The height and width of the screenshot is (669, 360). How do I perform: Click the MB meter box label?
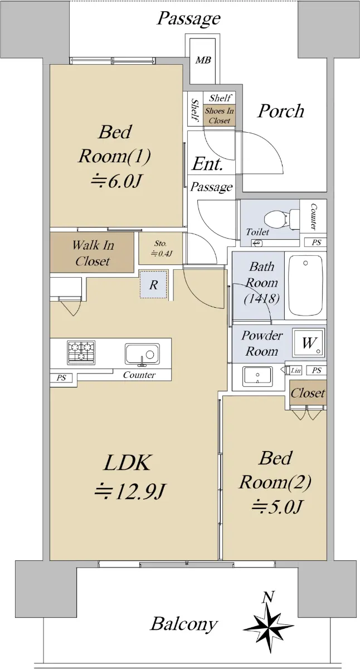(x=203, y=60)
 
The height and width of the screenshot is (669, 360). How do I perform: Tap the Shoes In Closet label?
(x=220, y=115)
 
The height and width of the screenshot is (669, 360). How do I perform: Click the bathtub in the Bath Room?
(x=305, y=285)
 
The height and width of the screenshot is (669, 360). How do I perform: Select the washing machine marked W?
(x=309, y=342)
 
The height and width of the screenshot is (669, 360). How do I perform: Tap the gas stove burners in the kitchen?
(x=81, y=352)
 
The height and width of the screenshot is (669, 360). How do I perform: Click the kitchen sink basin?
(x=142, y=355)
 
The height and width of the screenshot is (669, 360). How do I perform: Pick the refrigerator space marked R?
(x=153, y=285)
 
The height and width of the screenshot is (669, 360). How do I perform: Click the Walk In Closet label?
(x=93, y=253)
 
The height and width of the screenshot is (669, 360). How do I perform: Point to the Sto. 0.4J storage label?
(x=162, y=249)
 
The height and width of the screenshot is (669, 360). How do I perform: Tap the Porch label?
(x=281, y=111)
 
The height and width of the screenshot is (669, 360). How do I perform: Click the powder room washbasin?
(x=257, y=376)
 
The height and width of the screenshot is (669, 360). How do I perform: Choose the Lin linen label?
(x=296, y=370)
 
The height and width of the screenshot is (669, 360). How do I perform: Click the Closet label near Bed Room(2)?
(x=308, y=392)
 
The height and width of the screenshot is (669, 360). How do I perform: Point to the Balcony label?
(x=183, y=624)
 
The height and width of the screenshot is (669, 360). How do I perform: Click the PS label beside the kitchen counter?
(x=61, y=378)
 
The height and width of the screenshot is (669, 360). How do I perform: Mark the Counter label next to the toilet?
(x=313, y=216)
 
